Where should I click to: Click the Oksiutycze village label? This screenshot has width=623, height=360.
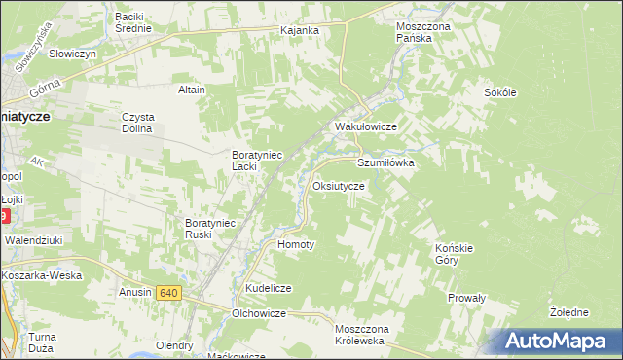[339, 185]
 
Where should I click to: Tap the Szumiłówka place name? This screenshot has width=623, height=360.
[386, 163]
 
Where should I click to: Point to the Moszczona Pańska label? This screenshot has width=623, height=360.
[423, 32]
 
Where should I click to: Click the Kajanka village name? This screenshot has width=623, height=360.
[300, 30]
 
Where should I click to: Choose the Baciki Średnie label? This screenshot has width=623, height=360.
[133, 22]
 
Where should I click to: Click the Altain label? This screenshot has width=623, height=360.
[192, 90]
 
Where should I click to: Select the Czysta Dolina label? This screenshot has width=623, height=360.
[138, 123]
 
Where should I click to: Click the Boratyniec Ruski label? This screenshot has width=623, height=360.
[211, 228]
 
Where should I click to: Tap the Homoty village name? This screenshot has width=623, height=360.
[297, 244]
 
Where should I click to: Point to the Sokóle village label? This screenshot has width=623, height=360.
[499, 92]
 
